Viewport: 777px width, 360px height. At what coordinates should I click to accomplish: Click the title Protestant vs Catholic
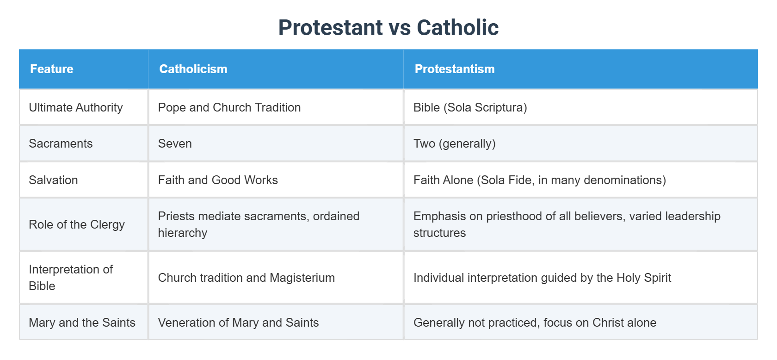(x=388, y=27)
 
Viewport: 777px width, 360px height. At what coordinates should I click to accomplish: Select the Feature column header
(x=52, y=69)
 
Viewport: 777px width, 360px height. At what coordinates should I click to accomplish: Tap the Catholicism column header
(x=193, y=69)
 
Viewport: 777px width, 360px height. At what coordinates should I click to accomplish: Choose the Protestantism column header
(x=455, y=69)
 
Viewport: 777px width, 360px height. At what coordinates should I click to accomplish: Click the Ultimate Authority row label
(x=76, y=107)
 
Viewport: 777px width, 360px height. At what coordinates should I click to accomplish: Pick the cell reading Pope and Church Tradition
(x=229, y=107)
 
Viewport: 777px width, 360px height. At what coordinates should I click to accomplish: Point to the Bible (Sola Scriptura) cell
(x=470, y=107)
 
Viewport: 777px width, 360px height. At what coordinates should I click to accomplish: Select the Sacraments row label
(x=61, y=143)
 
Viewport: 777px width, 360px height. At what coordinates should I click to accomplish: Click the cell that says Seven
(x=175, y=143)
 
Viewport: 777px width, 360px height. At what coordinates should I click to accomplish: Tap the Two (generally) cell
(x=454, y=143)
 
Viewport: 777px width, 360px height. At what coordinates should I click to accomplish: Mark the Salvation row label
(x=53, y=180)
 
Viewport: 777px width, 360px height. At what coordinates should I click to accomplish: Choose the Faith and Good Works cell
(x=218, y=180)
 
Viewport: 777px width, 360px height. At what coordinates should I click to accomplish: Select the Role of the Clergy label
(x=77, y=224)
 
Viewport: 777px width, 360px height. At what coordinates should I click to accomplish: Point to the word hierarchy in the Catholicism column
(x=182, y=233)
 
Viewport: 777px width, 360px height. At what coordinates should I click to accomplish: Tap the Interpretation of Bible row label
(x=71, y=278)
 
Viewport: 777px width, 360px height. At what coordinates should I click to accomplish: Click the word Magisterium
(x=302, y=278)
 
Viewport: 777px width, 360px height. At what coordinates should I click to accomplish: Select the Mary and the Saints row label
(x=82, y=323)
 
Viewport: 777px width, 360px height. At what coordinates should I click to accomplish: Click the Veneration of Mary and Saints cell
(x=238, y=323)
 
